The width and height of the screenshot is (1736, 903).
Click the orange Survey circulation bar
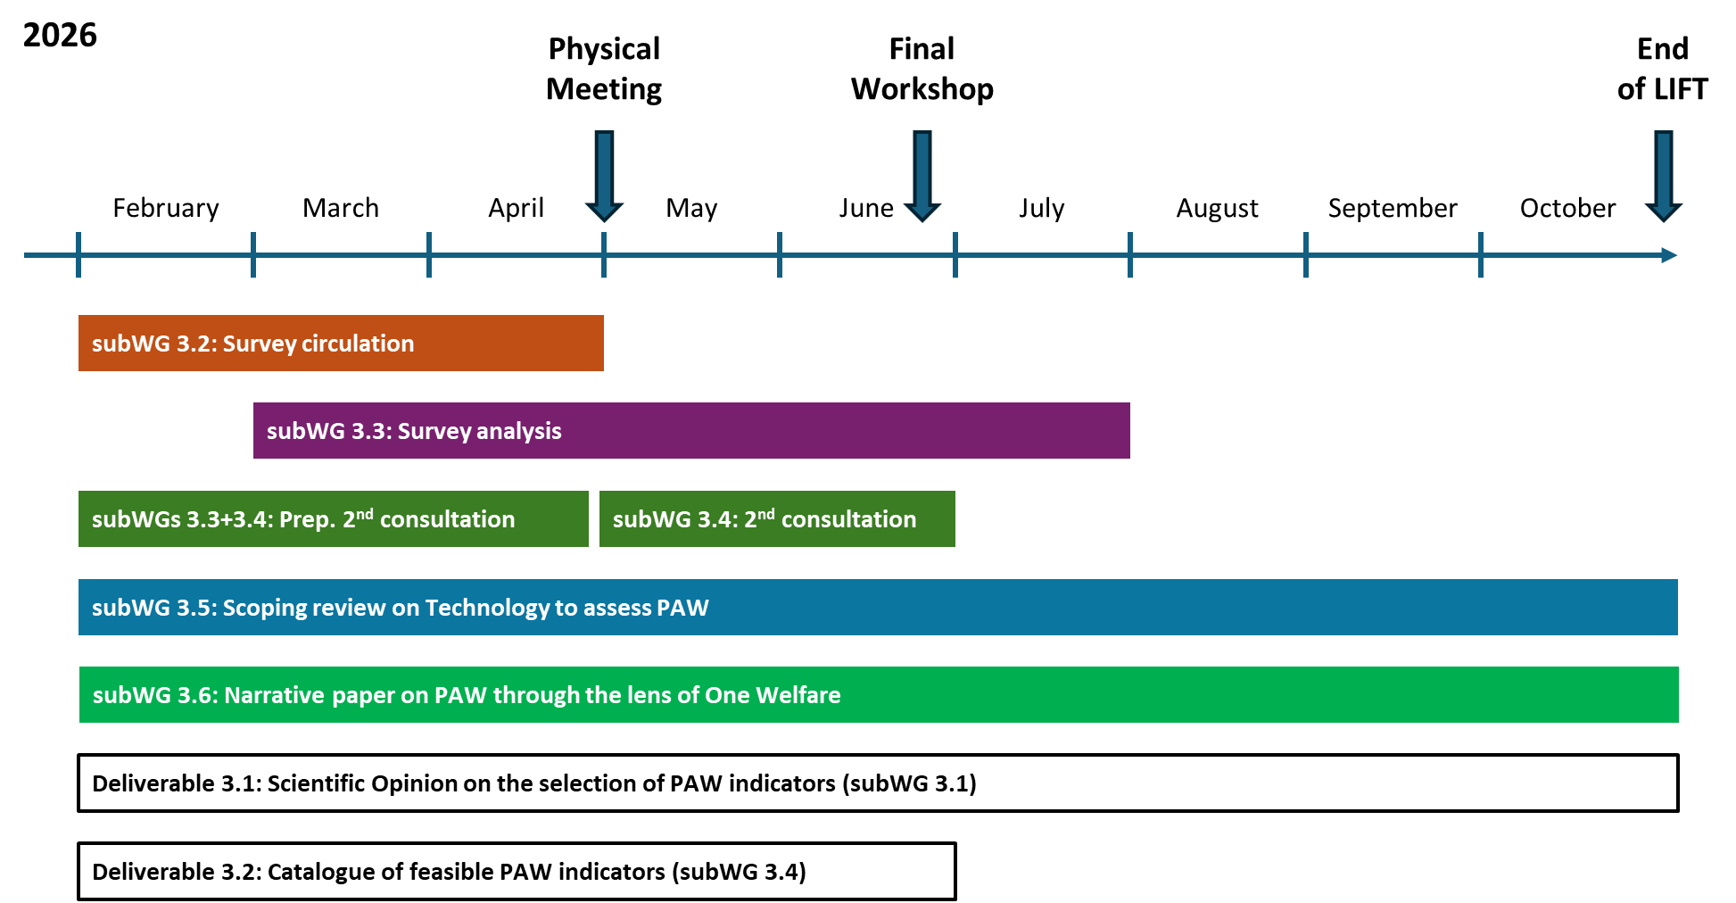coord(341,344)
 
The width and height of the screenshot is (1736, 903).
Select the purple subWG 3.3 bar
coord(691,431)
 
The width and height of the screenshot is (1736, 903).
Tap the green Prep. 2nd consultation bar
coord(333,519)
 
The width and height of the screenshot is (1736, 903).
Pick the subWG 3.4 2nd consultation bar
coord(777,519)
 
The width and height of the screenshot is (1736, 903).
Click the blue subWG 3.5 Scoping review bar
coord(878,608)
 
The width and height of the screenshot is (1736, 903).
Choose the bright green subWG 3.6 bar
coord(879,695)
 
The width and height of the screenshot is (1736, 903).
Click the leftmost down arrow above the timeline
coord(604,175)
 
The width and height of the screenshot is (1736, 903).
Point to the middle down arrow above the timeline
coord(922,175)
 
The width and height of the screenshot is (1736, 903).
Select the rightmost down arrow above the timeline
coord(1664,175)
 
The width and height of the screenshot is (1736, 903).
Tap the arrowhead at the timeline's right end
coord(1670,255)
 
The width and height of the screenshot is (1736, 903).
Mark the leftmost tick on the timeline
coord(79,255)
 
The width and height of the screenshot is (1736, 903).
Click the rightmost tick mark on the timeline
coord(1481,255)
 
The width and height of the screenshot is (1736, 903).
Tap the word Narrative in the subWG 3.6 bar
coord(274,695)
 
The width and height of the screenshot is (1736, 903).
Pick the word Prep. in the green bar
coord(307,519)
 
